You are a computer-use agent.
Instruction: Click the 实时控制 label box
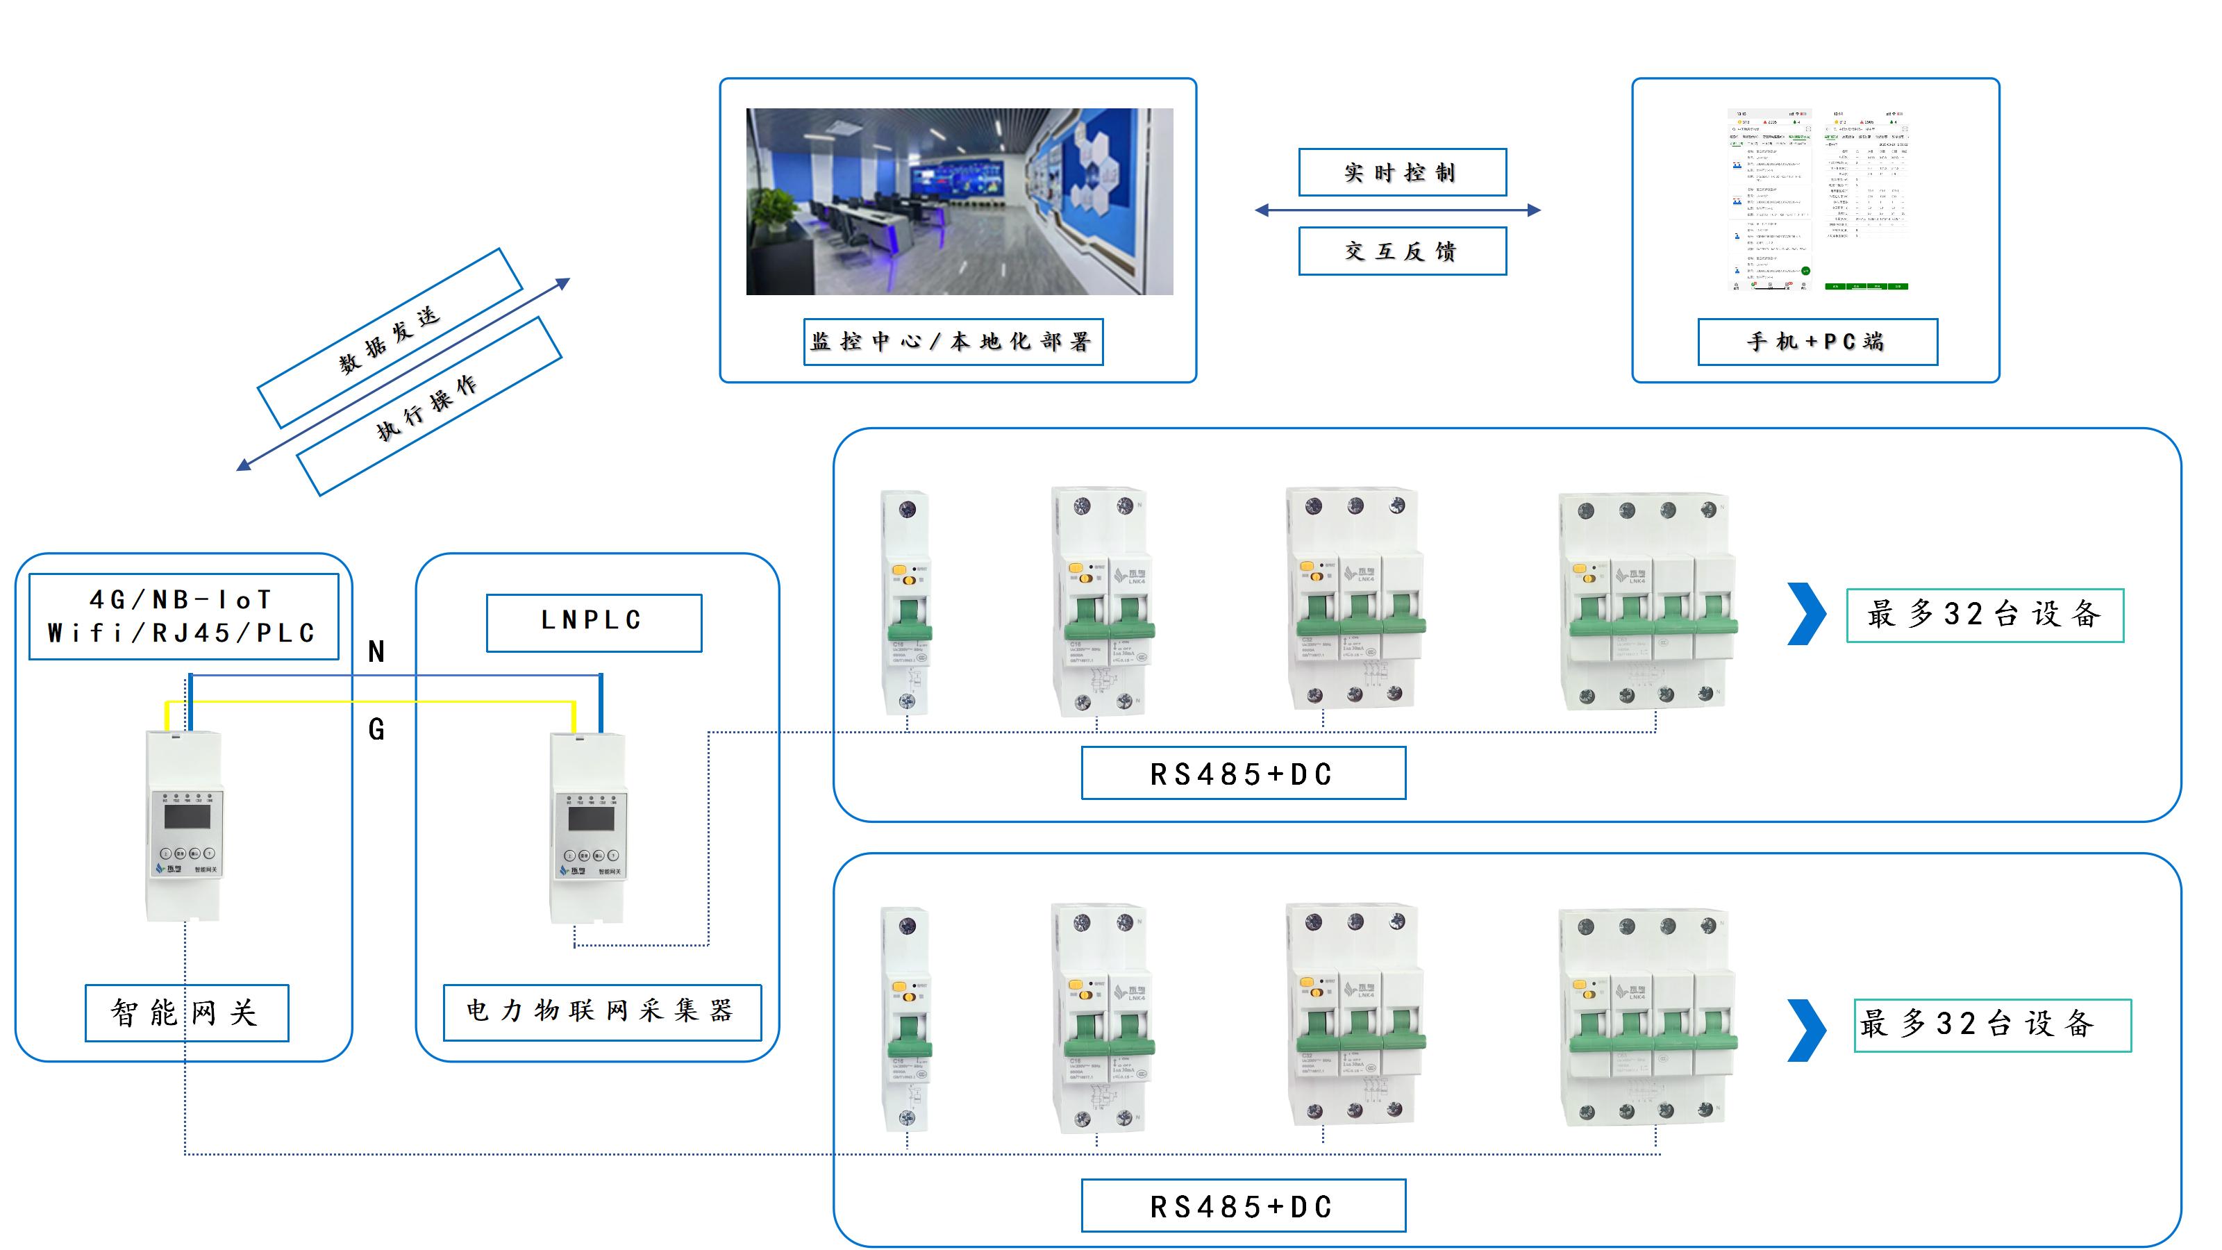coord(1402,172)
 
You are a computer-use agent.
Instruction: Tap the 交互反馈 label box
coord(1402,251)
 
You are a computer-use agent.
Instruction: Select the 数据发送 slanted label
coord(390,338)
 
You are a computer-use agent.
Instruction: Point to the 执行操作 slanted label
coord(428,406)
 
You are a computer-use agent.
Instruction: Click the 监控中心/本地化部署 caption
coord(952,342)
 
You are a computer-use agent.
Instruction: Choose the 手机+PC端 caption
coord(1816,342)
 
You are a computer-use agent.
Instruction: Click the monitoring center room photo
coord(958,201)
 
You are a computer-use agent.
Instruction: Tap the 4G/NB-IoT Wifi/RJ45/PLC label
coord(183,617)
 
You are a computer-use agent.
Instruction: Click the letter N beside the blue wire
coord(376,652)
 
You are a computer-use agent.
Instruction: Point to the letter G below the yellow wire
coord(376,730)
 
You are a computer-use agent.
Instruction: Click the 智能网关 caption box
coord(186,1012)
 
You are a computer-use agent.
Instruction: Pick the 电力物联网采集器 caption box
coord(601,1011)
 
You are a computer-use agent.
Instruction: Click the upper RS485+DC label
coord(1243,774)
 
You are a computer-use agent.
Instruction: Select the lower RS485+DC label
coord(1243,1206)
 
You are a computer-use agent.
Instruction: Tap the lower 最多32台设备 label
coord(1991,1025)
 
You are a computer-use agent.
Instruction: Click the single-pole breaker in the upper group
coord(905,602)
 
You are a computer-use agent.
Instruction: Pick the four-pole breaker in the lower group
coord(1648,1018)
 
